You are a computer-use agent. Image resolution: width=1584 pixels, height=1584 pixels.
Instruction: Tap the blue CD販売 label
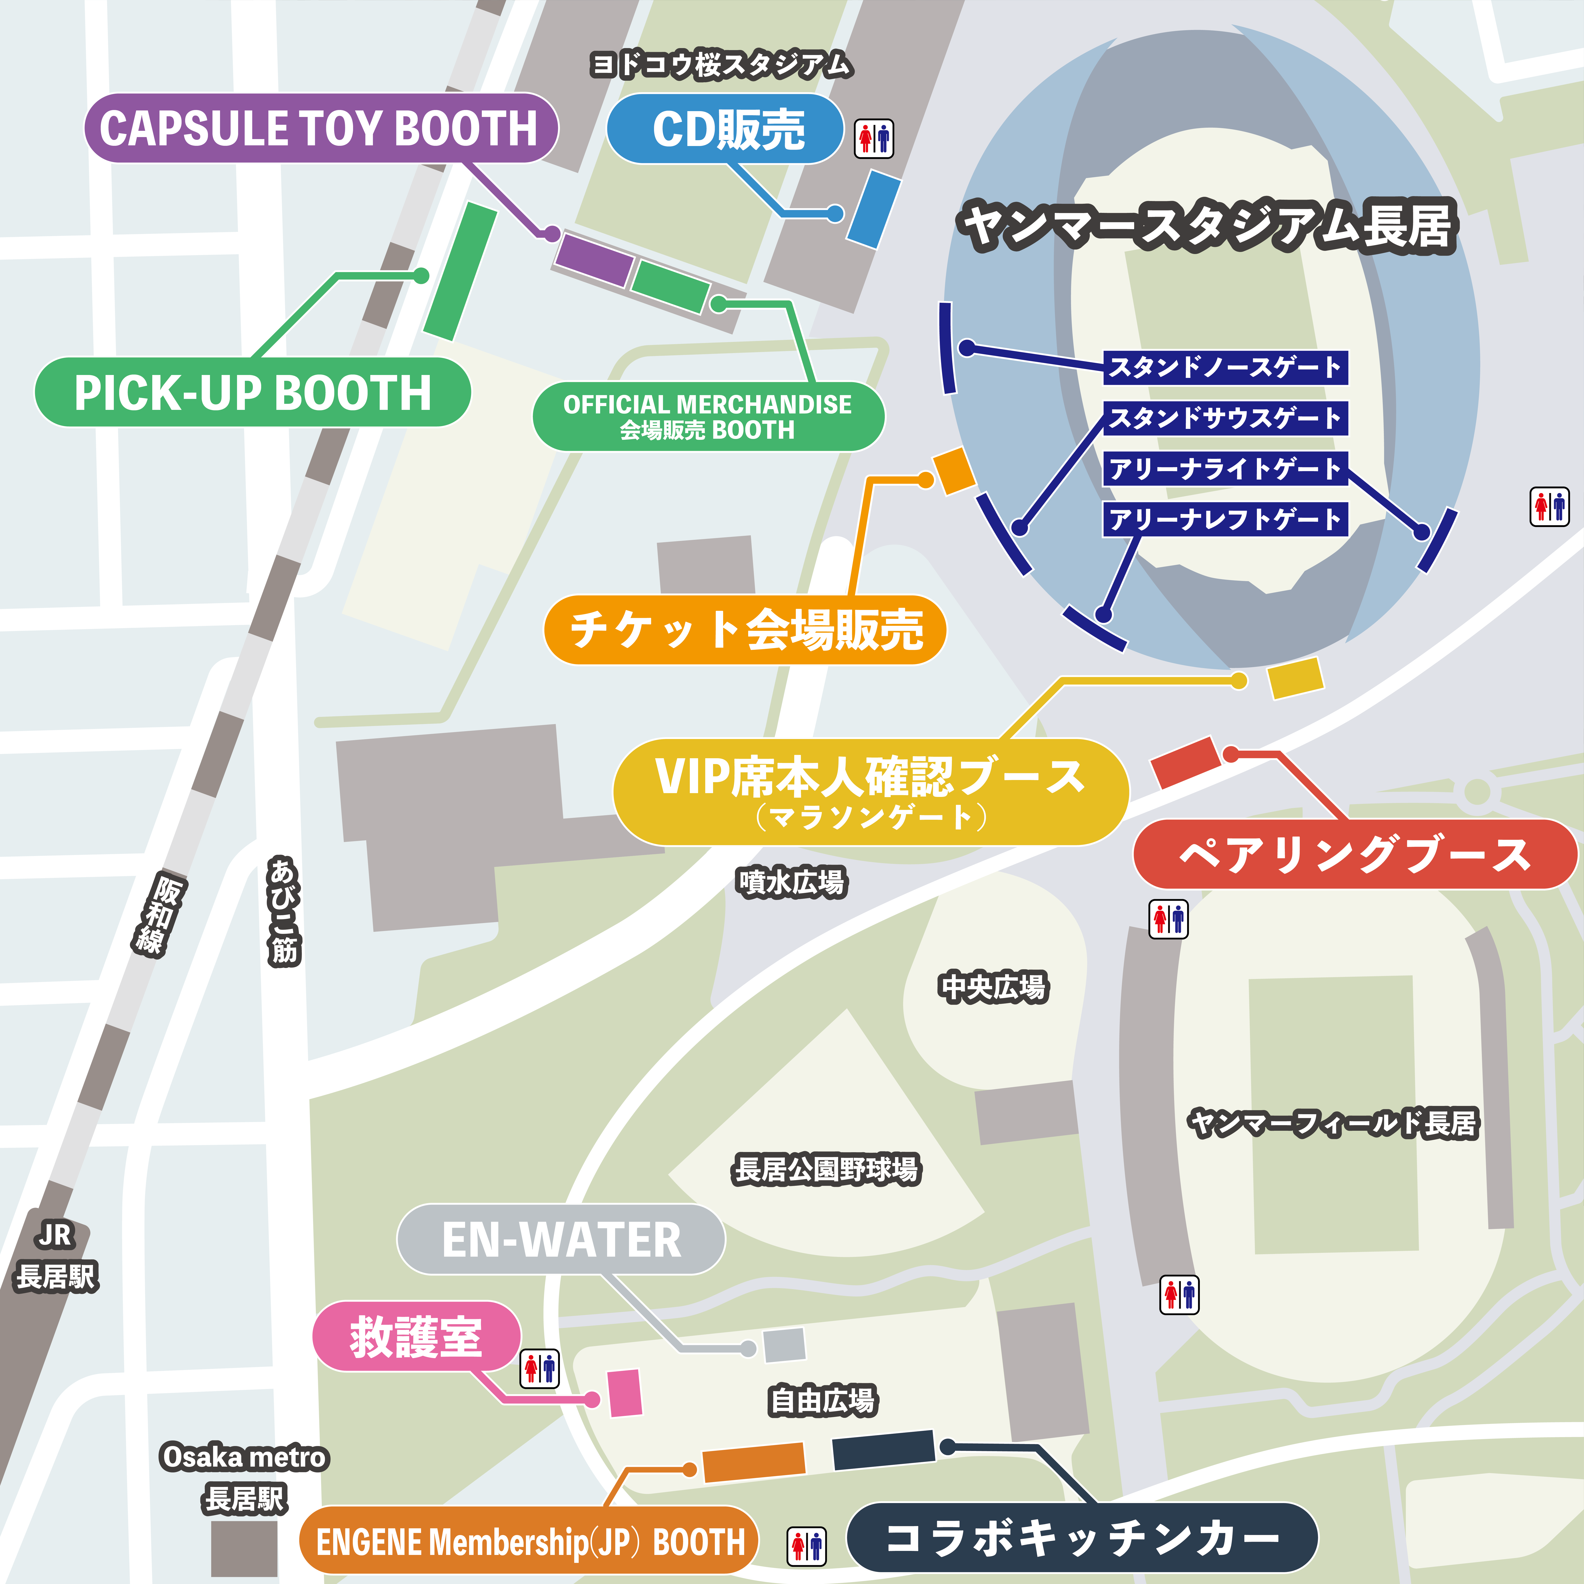[726, 129]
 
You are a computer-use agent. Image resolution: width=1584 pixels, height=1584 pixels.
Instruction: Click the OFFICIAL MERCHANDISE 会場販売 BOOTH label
[707, 417]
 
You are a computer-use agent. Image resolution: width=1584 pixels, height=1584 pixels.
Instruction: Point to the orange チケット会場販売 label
[744, 630]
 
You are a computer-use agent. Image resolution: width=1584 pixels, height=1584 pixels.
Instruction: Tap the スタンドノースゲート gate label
[1225, 367]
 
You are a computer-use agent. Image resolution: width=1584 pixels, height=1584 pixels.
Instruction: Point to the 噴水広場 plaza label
[791, 882]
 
